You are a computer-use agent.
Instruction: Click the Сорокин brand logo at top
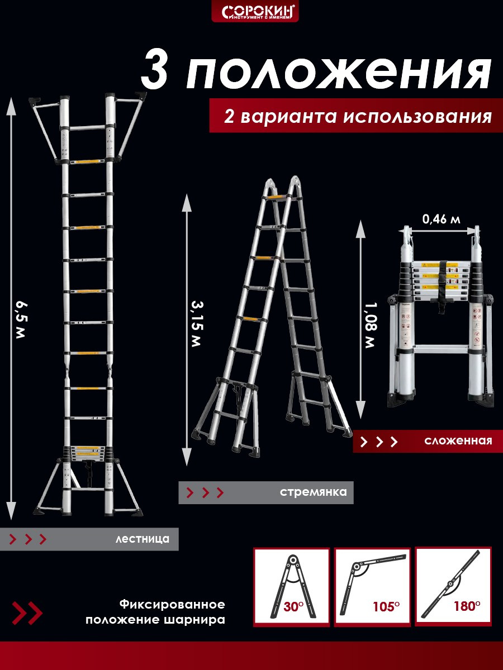click(x=255, y=11)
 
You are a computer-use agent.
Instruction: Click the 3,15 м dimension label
click(x=196, y=323)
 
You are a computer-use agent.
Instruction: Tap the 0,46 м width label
click(x=442, y=219)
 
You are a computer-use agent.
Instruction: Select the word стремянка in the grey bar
click(x=313, y=492)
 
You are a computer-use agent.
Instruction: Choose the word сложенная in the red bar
click(x=458, y=441)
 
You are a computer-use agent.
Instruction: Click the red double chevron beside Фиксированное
click(x=27, y=612)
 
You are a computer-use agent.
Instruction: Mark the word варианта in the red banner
click(x=287, y=117)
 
